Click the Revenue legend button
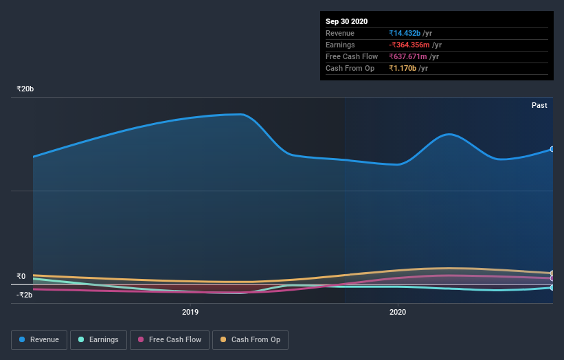pyautogui.click(x=39, y=339)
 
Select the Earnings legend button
pyautogui.click(x=99, y=339)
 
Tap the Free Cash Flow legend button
pyautogui.click(x=170, y=339)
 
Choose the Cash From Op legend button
pyautogui.click(x=250, y=339)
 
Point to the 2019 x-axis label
pyautogui.click(x=190, y=313)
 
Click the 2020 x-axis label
pyautogui.click(x=398, y=313)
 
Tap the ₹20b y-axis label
pyautogui.click(x=25, y=89)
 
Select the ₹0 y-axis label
pyautogui.click(x=21, y=276)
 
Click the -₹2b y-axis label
pyautogui.click(x=25, y=295)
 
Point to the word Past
pyautogui.click(x=539, y=105)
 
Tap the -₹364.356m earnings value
pyautogui.click(x=414, y=45)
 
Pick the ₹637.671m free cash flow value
pyautogui.click(x=413, y=56)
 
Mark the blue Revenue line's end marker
pyautogui.click(x=552, y=149)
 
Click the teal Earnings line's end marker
pyautogui.click(x=552, y=288)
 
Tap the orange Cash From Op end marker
pyautogui.click(x=552, y=273)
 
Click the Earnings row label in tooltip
pyautogui.click(x=340, y=45)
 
